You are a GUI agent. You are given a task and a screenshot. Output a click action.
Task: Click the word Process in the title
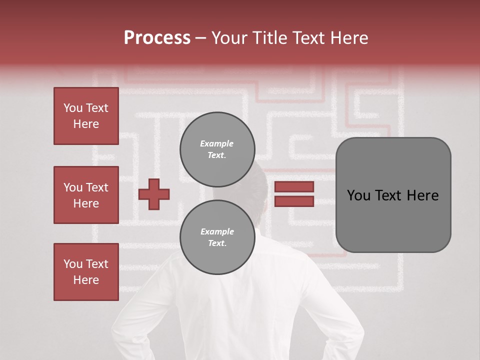pos(157,38)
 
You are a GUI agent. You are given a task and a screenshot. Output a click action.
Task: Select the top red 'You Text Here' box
pos(86,116)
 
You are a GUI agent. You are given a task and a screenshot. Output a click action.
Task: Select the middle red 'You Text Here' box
pos(86,195)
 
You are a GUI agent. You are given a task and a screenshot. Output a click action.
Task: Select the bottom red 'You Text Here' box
pos(86,272)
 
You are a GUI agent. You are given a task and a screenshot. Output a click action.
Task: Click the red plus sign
pos(154,194)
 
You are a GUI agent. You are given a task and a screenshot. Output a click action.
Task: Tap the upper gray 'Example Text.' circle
pos(217,149)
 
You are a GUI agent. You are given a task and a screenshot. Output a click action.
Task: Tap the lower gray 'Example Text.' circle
pos(217,237)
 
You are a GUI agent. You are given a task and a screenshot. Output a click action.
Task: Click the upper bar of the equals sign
pos(294,187)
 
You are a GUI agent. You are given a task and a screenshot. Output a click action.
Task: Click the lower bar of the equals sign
pos(294,201)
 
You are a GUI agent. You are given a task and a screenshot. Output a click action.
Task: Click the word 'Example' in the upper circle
pos(217,144)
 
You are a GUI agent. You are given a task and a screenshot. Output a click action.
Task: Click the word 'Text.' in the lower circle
pos(217,243)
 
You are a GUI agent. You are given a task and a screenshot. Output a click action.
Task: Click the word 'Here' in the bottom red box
pos(86,280)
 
